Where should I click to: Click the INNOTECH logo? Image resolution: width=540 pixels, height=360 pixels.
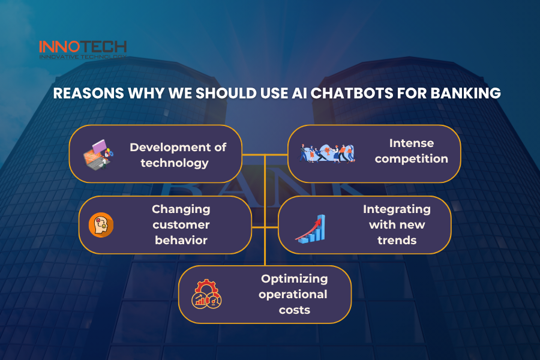click(83, 50)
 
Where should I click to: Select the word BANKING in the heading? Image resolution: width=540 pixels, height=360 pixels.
click(466, 94)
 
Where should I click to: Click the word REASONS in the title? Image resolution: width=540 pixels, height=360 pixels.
click(89, 94)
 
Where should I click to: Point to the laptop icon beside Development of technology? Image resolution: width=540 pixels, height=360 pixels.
click(98, 155)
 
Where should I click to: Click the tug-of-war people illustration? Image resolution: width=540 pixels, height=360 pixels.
click(326, 154)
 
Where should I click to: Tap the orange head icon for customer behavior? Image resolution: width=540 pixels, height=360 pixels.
click(101, 225)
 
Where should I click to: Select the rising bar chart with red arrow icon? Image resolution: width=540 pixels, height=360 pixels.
click(311, 229)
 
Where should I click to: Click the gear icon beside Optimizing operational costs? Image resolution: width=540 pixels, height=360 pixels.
click(206, 294)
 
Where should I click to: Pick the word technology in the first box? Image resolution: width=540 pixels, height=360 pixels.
click(175, 163)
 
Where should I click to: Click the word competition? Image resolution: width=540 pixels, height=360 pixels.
click(411, 159)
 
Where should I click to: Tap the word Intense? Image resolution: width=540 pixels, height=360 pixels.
click(412, 143)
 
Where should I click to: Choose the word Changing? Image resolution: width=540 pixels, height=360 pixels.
click(181, 209)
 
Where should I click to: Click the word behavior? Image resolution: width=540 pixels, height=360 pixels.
click(181, 240)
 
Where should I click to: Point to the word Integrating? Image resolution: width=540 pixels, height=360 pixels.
click(397, 209)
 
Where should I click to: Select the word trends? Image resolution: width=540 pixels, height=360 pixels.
click(397, 240)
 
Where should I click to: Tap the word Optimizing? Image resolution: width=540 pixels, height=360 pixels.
click(295, 279)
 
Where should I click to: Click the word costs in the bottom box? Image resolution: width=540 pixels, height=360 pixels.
click(295, 310)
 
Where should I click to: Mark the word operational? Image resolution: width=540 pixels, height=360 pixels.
click(293, 295)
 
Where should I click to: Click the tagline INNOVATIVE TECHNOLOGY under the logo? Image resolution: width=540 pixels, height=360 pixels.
click(83, 56)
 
